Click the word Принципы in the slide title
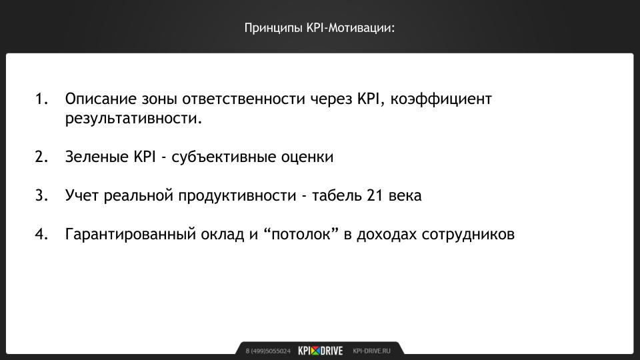[273, 29]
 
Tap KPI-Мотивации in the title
[351, 28]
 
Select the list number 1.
[41, 99]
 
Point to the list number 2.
[41, 157]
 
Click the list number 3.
[41, 195]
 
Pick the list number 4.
[41, 234]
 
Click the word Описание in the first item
[101, 99]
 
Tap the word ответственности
[244, 99]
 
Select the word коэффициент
[441, 99]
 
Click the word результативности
[133, 119]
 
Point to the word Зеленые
[97, 157]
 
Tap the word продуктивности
[237, 196]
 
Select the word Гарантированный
[131, 235]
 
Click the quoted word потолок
[301, 234]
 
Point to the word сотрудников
[468, 235]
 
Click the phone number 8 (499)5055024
[268, 351]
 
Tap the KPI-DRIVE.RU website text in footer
[371, 351]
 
